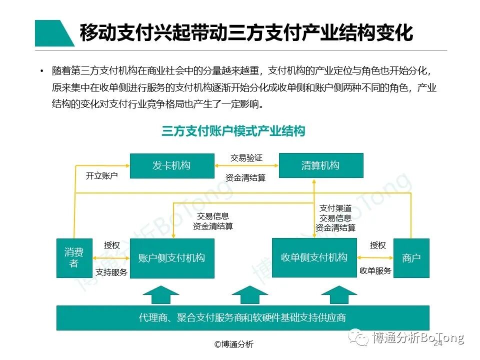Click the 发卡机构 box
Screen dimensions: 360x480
point(171,165)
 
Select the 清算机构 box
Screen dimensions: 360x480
point(320,165)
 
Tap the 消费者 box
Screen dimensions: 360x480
point(74,258)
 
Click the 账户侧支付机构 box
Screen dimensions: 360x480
point(171,258)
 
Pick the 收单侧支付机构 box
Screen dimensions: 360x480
point(314,257)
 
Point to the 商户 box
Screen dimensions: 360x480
point(411,258)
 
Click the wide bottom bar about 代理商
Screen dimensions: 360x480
point(242,317)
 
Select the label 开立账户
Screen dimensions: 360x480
point(101,176)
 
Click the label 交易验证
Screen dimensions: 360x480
point(246,158)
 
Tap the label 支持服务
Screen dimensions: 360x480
point(111,272)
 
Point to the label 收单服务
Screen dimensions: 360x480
point(375,270)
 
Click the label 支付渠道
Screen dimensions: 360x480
point(335,208)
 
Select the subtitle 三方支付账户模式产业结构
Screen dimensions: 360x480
point(233,131)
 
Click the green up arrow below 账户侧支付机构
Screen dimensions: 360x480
point(160,294)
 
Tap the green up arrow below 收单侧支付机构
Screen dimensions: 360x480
point(339,294)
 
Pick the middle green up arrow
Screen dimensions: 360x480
point(250,294)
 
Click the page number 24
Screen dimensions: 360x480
point(438,344)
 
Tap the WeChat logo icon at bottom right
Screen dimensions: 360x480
point(359,338)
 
